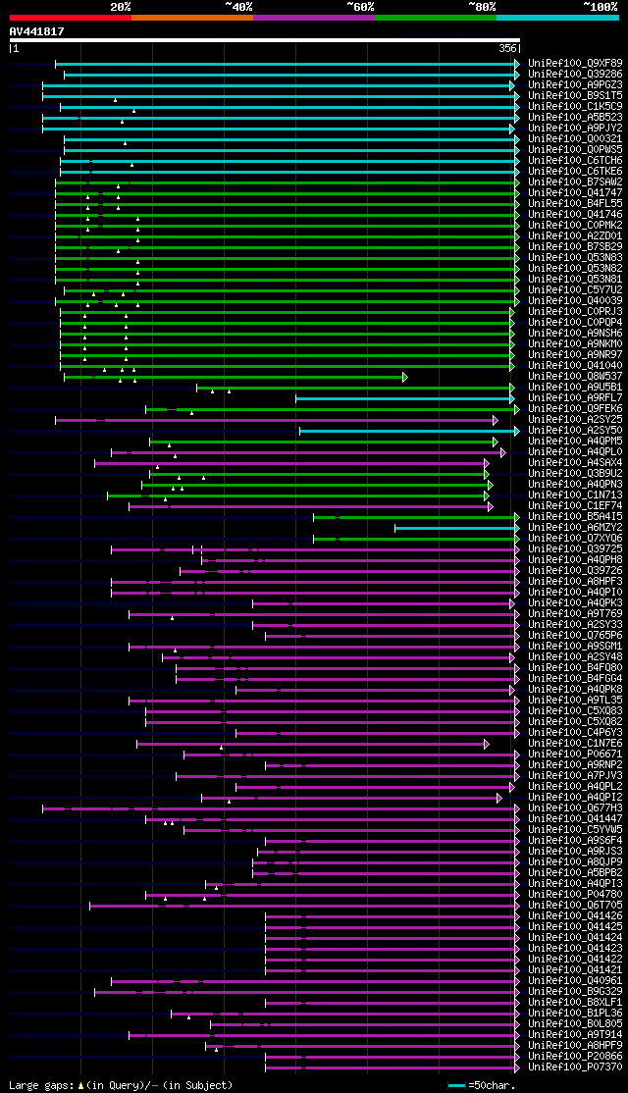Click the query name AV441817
click(37, 31)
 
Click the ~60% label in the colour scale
click(360, 7)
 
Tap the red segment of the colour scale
click(70, 18)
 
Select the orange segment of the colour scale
click(191, 18)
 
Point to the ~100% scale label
click(600, 7)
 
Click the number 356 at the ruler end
click(508, 48)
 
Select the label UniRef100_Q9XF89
click(575, 64)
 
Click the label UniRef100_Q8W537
click(575, 377)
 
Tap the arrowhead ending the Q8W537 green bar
click(404, 377)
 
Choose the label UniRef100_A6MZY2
click(575, 528)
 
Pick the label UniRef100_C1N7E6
click(575, 744)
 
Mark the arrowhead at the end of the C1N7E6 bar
click(486, 744)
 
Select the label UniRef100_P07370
click(575, 1067)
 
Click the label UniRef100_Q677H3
click(575, 808)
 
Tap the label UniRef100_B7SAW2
click(575, 182)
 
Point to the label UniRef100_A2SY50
click(575, 431)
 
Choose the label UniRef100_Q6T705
click(575, 906)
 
